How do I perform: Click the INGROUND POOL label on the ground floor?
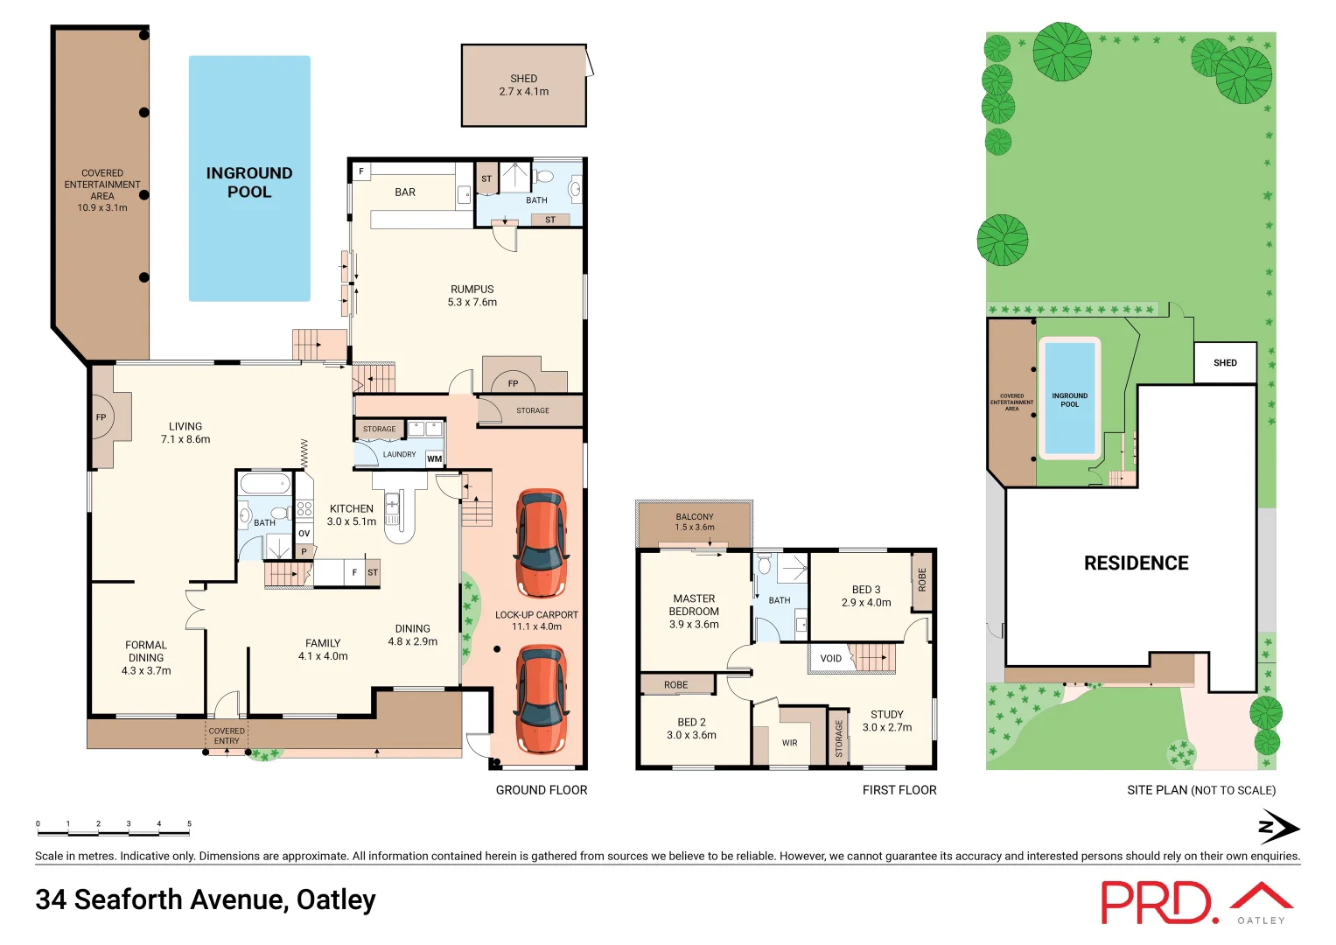tap(249, 182)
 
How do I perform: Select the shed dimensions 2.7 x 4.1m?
tap(524, 92)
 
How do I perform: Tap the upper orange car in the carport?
tap(541, 542)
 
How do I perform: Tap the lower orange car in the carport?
tap(541, 699)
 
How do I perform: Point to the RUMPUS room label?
tap(472, 290)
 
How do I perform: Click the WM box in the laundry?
tap(435, 458)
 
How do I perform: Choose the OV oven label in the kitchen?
tap(304, 533)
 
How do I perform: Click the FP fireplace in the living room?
tap(101, 417)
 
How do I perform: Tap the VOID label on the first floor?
tap(830, 659)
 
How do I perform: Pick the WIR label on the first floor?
tap(789, 743)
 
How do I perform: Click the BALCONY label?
tap(695, 517)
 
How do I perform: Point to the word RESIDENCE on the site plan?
tap(1136, 563)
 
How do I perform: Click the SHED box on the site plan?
tap(1225, 363)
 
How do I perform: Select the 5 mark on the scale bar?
tap(189, 824)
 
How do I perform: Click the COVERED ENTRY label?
tap(227, 736)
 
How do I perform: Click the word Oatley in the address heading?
tap(336, 899)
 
